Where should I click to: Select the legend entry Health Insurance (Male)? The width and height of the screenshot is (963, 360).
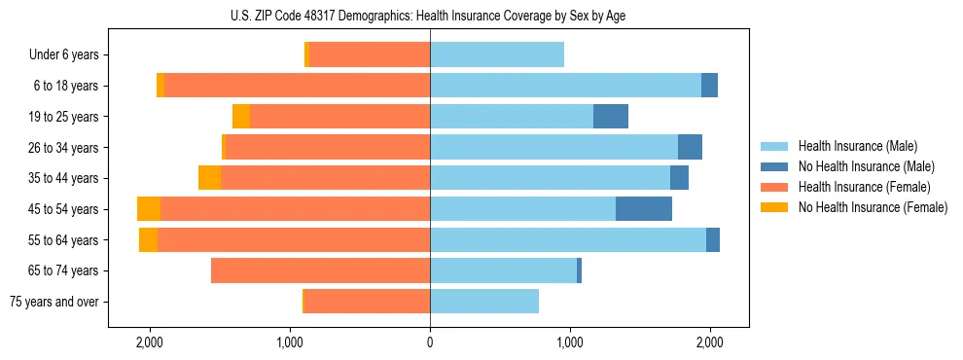click(852, 146)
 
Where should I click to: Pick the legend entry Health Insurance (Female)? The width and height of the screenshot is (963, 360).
click(857, 187)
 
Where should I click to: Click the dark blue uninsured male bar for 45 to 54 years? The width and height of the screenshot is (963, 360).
click(644, 209)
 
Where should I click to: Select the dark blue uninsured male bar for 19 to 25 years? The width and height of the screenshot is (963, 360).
click(611, 117)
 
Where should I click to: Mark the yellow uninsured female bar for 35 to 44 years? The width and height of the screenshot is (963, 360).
click(209, 178)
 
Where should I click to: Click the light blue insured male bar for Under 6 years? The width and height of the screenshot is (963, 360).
click(497, 55)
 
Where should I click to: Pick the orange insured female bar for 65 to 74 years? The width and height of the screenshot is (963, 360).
click(321, 270)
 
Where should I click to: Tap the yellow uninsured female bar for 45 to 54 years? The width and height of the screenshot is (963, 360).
click(149, 209)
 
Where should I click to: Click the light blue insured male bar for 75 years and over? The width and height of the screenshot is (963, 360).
click(484, 302)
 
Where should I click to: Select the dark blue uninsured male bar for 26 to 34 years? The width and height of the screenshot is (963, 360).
click(690, 148)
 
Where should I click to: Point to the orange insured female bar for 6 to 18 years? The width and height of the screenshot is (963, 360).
click(297, 86)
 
